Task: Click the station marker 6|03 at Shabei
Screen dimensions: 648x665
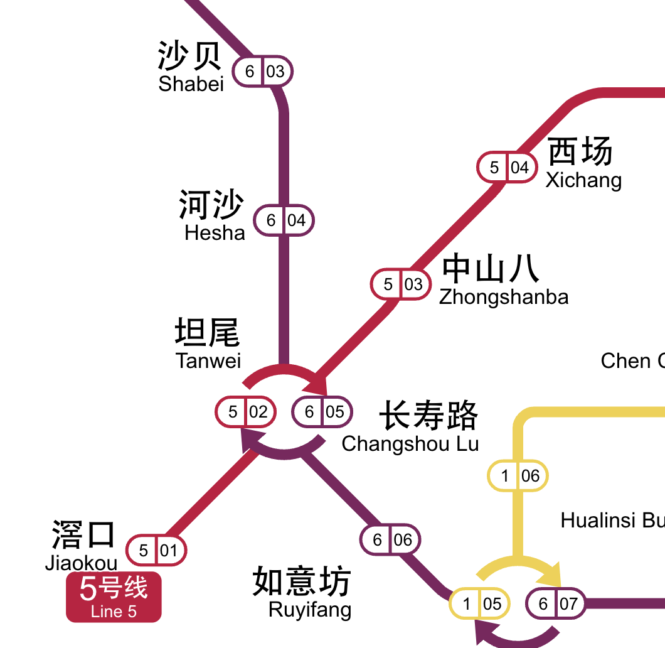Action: click(x=263, y=72)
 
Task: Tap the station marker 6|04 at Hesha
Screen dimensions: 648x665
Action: click(x=284, y=220)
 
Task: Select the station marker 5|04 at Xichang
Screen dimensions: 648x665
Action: click(x=507, y=168)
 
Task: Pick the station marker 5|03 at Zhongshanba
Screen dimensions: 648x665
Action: click(x=400, y=284)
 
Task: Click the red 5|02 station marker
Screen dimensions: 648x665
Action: click(x=245, y=412)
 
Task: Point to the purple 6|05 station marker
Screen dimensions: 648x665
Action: click(x=322, y=412)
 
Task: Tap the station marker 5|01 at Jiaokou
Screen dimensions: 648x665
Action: click(x=156, y=551)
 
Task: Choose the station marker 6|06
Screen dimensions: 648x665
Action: click(x=390, y=540)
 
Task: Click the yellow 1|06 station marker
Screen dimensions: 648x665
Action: click(x=518, y=476)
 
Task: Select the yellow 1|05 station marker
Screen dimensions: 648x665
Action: click(x=480, y=604)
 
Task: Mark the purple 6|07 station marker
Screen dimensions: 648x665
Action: click(x=556, y=604)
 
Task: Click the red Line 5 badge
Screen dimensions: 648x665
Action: click(x=114, y=597)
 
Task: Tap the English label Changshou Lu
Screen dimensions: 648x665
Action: click(x=410, y=443)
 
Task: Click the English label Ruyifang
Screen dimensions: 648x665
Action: click(x=310, y=609)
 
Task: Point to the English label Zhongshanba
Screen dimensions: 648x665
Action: click(x=504, y=296)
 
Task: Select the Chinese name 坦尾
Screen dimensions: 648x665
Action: click(x=207, y=332)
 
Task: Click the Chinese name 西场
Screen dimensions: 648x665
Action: click(x=580, y=151)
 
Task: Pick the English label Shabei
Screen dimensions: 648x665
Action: click(x=191, y=84)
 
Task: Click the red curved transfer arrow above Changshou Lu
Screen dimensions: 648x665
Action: click(x=285, y=374)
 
